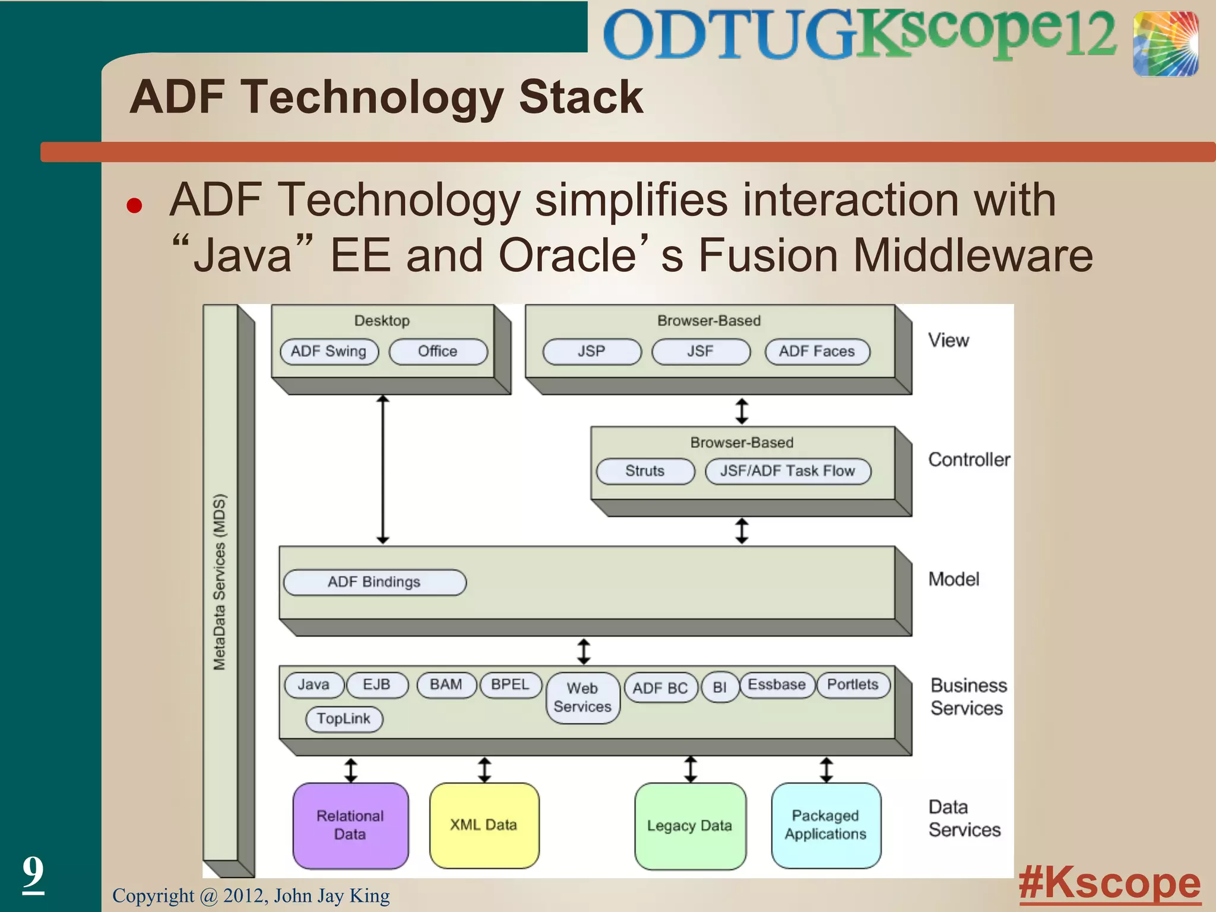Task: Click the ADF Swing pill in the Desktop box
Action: [x=329, y=351]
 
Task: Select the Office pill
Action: [x=438, y=351]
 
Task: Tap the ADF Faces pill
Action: [x=816, y=351]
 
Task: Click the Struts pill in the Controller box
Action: [x=645, y=471]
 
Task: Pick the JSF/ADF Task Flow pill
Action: [x=787, y=471]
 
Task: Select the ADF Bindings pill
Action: [x=374, y=582]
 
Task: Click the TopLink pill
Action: [x=343, y=719]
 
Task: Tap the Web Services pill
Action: [x=582, y=698]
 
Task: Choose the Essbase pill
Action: [x=776, y=685]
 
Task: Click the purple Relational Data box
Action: [x=350, y=825]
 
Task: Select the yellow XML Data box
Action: [x=484, y=825]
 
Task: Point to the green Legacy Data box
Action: [x=689, y=825]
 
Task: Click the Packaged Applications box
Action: [x=825, y=825]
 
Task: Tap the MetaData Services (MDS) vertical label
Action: [x=220, y=582]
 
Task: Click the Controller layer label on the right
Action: [x=968, y=460]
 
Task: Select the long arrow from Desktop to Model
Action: [x=383, y=469]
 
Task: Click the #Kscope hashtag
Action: [x=1109, y=883]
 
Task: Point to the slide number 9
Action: [x=33, y=872]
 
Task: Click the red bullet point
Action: [x=135, y=205]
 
